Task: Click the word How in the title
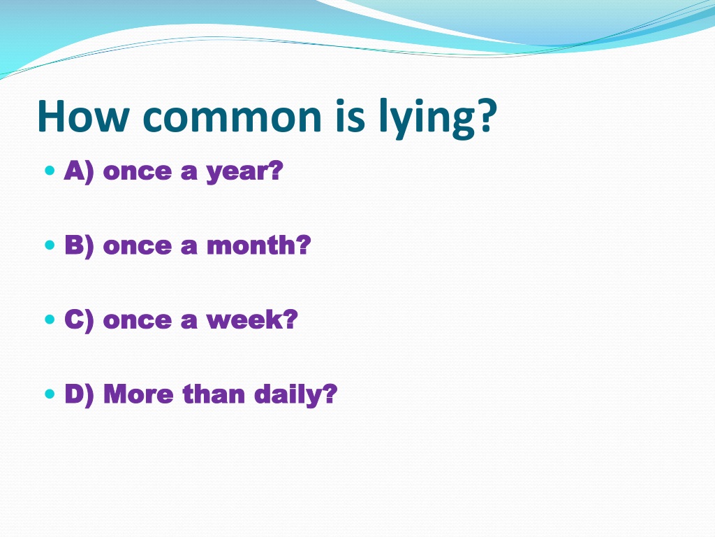(x=83, y=116)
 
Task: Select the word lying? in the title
(x=438, y=118)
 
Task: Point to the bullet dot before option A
(x=50, y=171)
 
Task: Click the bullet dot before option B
(x=50, y=245)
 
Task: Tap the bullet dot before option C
(x=50, y=320)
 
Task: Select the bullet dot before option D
(x=50, y=394)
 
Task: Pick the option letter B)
(x=80, y=246)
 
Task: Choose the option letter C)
(x=80, y=320)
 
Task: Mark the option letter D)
(x=80, y=394)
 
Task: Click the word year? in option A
(x=244, y=173)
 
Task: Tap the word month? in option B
(x=259, y=245)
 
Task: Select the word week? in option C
(x=252, y=320)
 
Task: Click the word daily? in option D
(x=296, y=394)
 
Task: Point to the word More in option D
(x=139, y=394)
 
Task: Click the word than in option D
(x=214, y=394)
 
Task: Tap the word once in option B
(x=138, y=247)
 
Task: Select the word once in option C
(x=138, y=321)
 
